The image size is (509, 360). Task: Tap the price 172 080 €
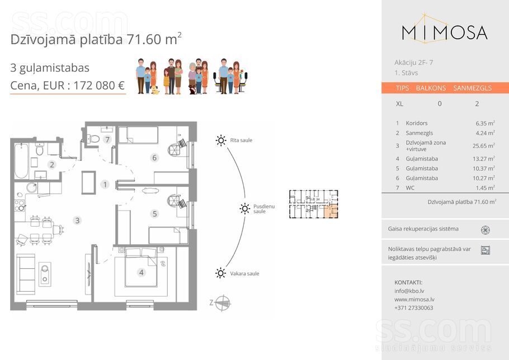coord(99,86)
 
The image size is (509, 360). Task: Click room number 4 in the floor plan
coord(141,272)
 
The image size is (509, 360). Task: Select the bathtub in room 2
coord(21,161)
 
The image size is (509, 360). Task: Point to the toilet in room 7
coord(93,139)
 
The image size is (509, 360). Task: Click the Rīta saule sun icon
coord(221,141)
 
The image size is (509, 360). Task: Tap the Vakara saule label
coord(244,274)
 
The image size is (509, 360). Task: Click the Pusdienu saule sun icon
coord(245,208)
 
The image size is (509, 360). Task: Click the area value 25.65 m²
coord(484,146)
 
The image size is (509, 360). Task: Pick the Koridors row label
coord(417,123)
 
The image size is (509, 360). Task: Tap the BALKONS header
coord(431,88)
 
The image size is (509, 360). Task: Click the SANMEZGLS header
coord(472,88)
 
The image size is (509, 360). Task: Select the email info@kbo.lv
coord(409,291)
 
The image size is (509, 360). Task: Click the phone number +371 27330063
coord(413,308)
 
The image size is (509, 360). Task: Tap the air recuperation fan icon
coord(486,230)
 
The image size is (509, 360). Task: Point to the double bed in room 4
coord(141,268)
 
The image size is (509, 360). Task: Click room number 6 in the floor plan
coord(154,157)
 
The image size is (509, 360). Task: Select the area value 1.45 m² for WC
coord(485,188)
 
